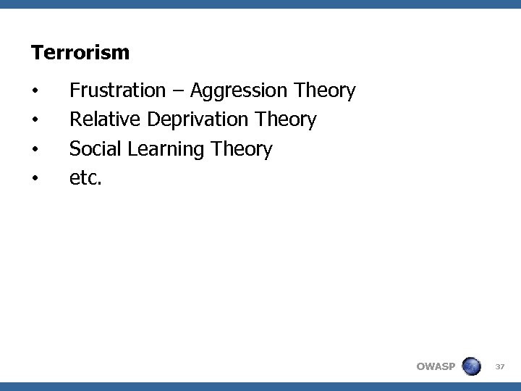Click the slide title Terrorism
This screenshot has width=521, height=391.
click(x=80, y=53)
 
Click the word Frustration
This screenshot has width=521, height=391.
click(x=117, y=91)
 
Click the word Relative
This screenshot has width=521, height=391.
click(x=105, y=119)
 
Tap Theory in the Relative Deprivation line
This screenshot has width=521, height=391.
click(x=286, y=120)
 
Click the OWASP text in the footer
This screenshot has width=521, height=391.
click(x=436, y=366)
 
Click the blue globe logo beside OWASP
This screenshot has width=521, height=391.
click(x=471, y=366)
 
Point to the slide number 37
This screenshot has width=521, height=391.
click(x=499, y=366)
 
